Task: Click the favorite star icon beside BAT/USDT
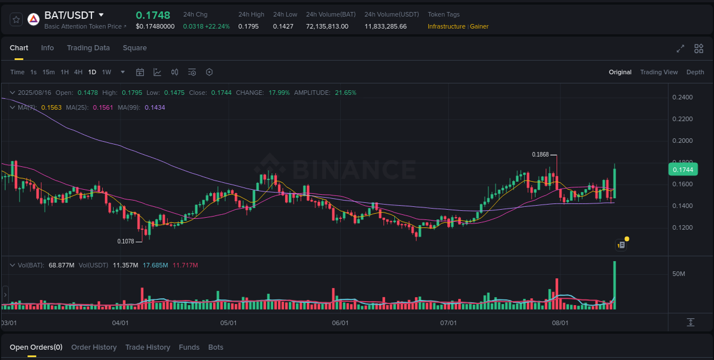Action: [x=16, y=19]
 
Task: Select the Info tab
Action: [x=47, y=48]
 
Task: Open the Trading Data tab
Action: [x=88, y=48]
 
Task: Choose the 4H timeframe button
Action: [x=78, y=72]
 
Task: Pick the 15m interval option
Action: [x=49, y=72]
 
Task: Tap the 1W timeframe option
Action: [x=106, y=72]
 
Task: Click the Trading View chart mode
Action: [x=659, y=72]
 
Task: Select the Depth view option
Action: [x=695, y=72]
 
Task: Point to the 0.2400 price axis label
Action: [x=683, y=97]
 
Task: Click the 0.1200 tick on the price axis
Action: [x=683, y=227]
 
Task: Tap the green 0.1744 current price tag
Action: [x=683, y=170]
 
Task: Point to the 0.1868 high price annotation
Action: [x=540, y=154]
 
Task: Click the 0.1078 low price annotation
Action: [x=126, y=241]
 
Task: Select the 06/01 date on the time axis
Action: [x=340, y=323]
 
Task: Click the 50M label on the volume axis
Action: [x=679, y=274]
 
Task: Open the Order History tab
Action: [x=94, y=347]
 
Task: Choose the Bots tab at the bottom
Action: [x=216, y=347]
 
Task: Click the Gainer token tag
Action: [x=479, y=26]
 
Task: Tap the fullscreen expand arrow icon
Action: [x=680, y=49]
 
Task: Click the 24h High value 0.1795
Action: [x=248, y=26]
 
